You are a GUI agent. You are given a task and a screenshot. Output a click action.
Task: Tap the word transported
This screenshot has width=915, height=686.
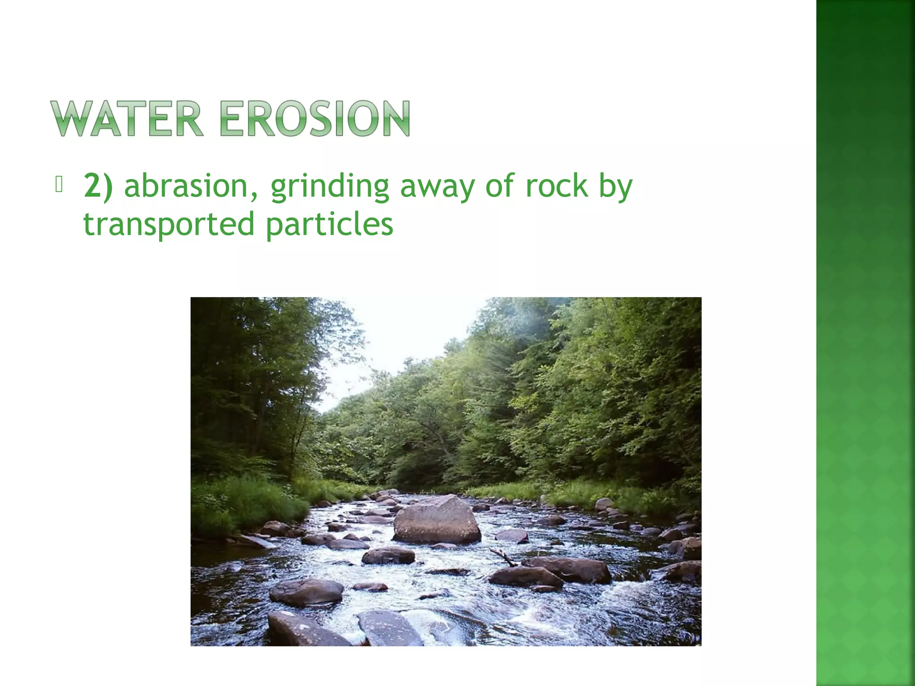169,225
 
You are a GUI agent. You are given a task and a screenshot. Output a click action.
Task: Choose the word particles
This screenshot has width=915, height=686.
330,225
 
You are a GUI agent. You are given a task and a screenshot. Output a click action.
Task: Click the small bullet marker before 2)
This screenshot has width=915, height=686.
59,184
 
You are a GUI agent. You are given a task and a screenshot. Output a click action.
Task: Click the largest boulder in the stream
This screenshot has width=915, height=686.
437,520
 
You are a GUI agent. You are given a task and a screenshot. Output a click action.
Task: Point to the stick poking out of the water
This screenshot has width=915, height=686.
504,557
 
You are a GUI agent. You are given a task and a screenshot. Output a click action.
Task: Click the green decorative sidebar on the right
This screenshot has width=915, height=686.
865,343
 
